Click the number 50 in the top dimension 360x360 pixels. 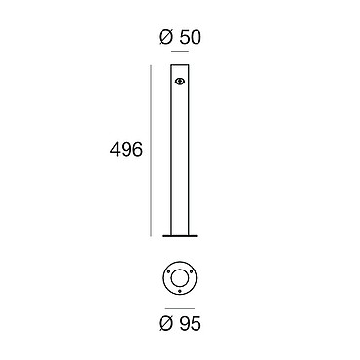(191, 37)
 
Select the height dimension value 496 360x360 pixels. (126, 150)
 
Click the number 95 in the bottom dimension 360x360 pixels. (191, 323)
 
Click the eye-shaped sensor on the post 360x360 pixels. (180, 81)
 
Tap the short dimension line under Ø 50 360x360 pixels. (180, 52)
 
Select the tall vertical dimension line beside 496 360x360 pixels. (151, 151)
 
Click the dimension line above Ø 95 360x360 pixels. (180, 308)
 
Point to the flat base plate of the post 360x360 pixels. (180, 236)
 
